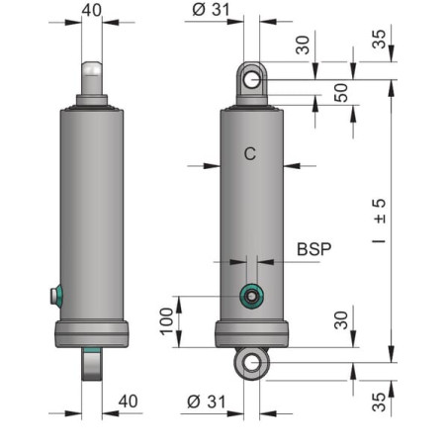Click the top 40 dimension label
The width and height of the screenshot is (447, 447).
pyautogui.click(x=92, y=10)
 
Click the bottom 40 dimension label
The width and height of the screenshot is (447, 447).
pyautogui.click(x=128, y=402)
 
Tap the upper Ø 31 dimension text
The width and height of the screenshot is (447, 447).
pyautogui.click(x=211, y=9)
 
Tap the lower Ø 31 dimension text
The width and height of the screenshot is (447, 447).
pyautogui.click(x=207, y=402)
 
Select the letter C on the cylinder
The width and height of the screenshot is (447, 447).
pyautogui.click(x=250, y=153)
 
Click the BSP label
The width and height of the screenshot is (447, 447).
pyautogui.click(x=313, y=249)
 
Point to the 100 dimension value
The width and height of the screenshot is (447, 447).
pyautogui.click(x=167, y=321)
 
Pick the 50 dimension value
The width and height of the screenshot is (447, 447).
pyautogui.click(x=341, y=93)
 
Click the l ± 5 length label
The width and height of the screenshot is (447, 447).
pyautogui.click(x=379, y=221)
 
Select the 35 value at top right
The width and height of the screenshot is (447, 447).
pyautogui.click(x=379, y=40)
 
